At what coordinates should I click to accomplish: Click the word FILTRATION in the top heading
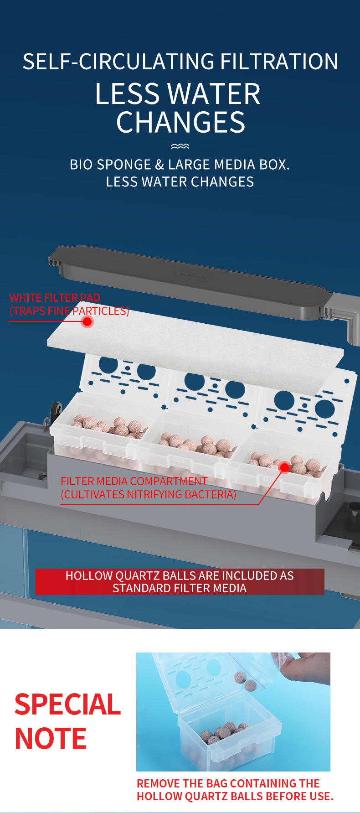click(279, 62)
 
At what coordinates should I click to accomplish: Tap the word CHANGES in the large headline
click(181, 122)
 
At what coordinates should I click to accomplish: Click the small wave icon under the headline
click(180, 146)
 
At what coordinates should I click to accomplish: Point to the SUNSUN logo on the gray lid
click(193, 275)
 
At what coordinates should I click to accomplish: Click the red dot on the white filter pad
click(87, 321)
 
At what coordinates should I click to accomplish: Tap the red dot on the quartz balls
click(284, 467)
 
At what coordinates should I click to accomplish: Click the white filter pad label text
click(69, 305)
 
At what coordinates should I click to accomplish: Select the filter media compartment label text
click(149, 488)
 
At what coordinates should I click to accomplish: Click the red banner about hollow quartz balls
click(180, 582)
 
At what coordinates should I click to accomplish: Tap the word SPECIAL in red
click(68, 704)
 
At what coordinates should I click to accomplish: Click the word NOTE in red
click(51, 739)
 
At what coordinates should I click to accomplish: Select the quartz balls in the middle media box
click(198, 444)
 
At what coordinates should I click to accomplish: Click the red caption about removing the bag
click(235, 790)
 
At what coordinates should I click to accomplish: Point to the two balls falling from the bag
click(244, 680)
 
